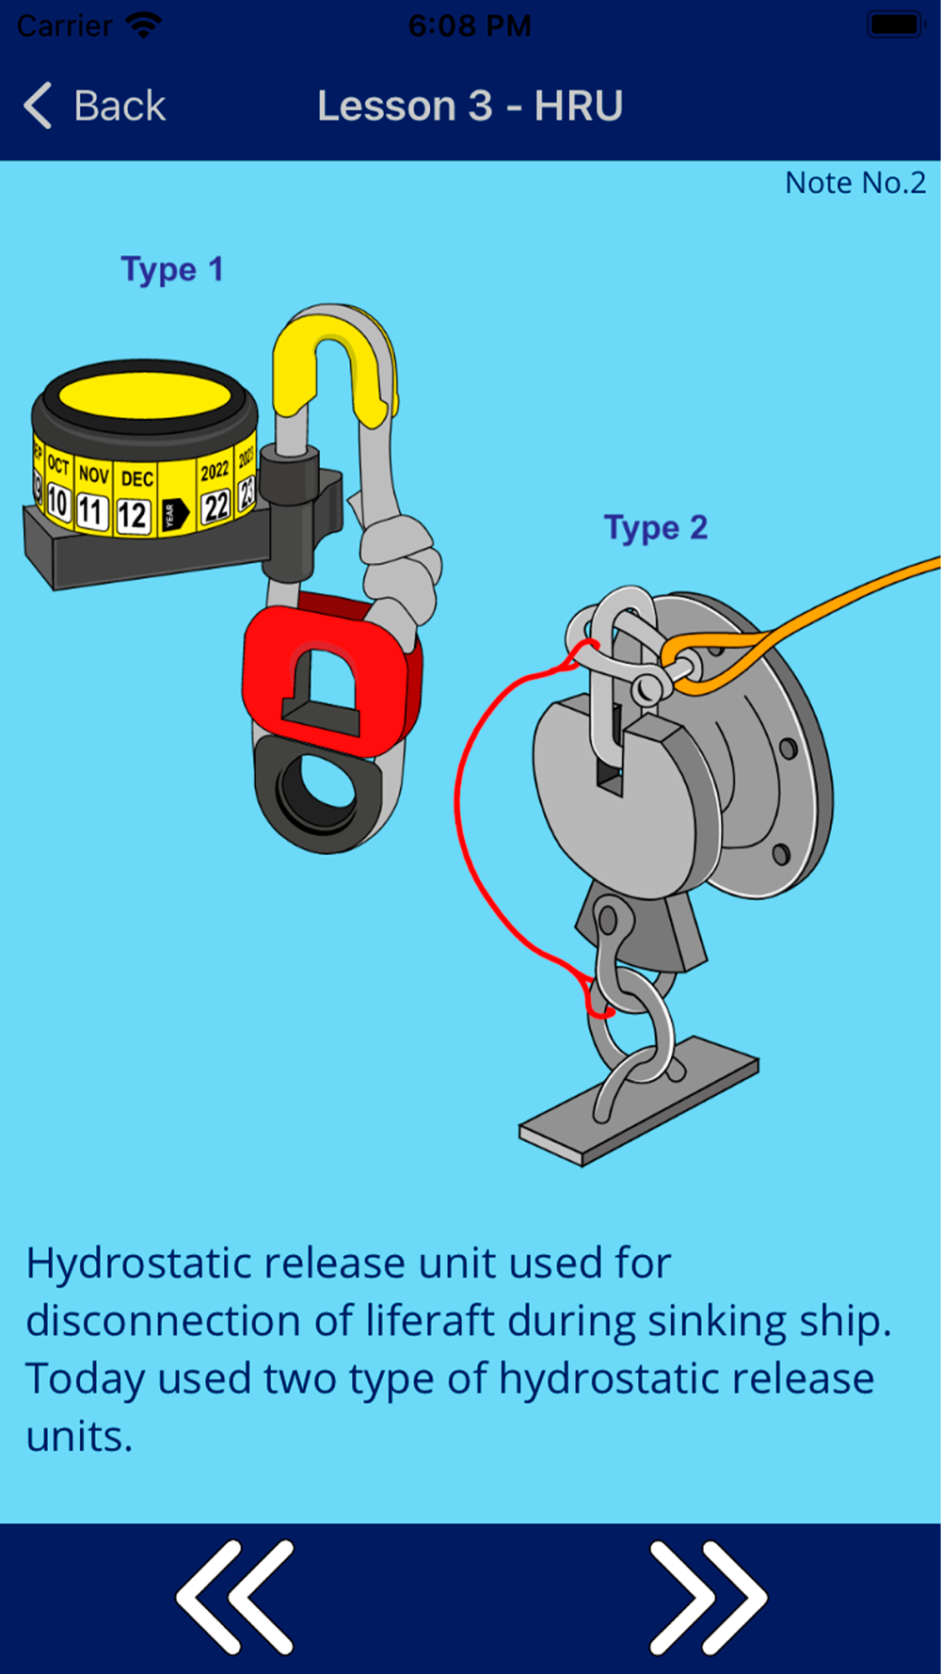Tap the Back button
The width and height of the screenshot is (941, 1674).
95,105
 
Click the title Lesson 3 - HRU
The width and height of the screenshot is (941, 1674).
470,105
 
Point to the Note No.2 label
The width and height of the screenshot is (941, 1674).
855,183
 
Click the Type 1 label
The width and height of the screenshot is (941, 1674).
172,270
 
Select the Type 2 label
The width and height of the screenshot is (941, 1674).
655,528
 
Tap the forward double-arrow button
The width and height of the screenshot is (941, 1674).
708,1597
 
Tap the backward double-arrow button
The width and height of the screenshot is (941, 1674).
234,1597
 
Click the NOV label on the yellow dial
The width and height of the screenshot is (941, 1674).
93,474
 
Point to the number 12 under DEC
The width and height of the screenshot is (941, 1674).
133,514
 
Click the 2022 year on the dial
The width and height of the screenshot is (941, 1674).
215,469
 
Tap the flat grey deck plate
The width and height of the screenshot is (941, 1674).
639,1102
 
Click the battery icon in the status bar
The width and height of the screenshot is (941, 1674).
895,24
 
